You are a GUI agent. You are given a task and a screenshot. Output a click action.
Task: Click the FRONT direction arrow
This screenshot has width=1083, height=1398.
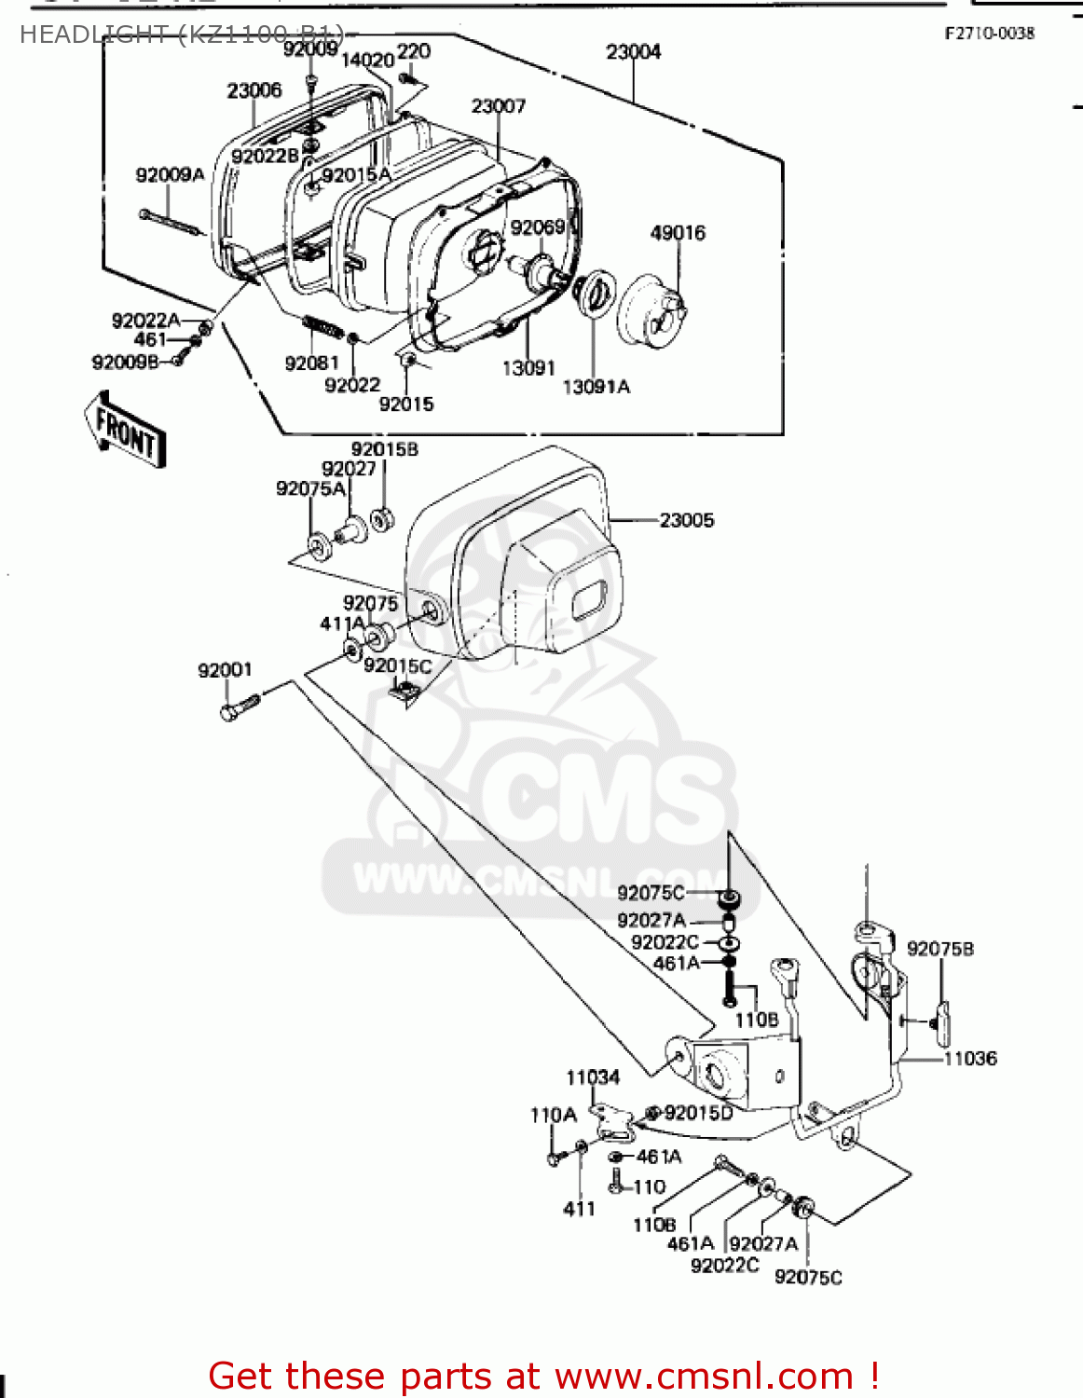pyautogui.click(x=126, y=432)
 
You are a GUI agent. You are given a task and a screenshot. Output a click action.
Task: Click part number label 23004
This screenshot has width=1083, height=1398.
pyautogui.click(x=633, y=52)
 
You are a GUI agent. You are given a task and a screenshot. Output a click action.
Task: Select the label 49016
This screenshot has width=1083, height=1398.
pyautogui.click(x=678, y=233)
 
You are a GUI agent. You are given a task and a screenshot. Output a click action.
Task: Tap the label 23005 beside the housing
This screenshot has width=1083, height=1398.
pyautogui.click(x=687, y=520)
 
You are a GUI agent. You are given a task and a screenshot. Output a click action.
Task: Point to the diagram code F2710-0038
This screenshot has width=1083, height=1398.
pyautogui.click(x=989, y=34)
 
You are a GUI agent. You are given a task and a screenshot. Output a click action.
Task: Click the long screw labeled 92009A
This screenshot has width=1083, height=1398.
pyautogui.click(x=172, y=223)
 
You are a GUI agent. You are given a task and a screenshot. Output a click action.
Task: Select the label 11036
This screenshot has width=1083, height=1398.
pyautogui.click(x=970, y=1059)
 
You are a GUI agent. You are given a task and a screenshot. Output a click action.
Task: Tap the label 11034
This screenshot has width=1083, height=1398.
pyautogui.click(x=593, y=1077)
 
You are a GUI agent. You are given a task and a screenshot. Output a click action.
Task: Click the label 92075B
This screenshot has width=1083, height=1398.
pyautogui.click(x=939, y=949)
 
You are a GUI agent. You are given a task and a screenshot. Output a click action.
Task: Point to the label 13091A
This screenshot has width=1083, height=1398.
pyautogui.click(x=596, y=387)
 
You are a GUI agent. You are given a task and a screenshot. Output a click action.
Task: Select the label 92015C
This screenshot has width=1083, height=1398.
pyautogui.click(x=397, y=665)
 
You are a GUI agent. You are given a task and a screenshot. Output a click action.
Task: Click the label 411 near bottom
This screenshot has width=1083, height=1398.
pyautogui.click(x=579, y=1209)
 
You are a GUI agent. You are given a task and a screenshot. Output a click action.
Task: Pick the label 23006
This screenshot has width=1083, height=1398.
pyautogui.click(x=254, y=90)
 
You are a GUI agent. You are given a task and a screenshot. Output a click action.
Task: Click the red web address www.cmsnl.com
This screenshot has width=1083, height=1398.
pyautogui.click(x=704, y=1377)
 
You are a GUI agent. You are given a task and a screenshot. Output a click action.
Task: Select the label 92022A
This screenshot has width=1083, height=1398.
pyautogui.click(x=145, y=321)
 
